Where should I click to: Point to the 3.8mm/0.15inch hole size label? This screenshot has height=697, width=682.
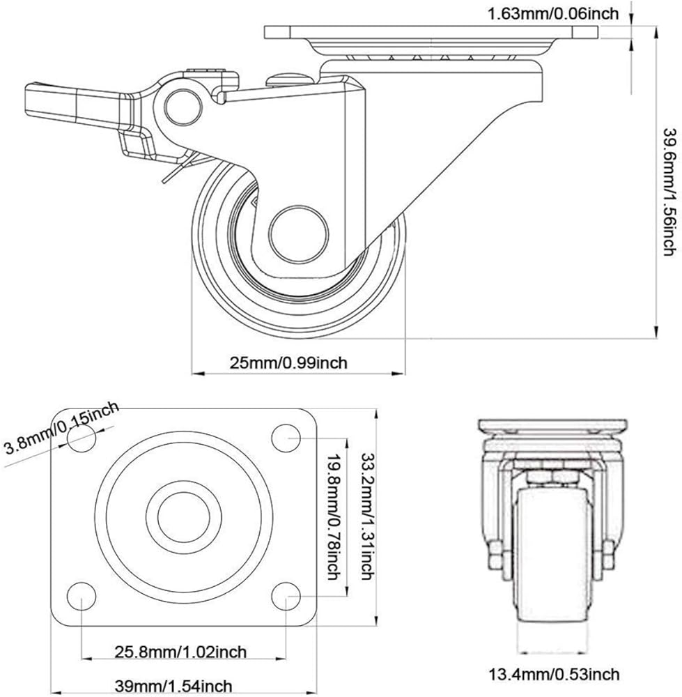point(61,427)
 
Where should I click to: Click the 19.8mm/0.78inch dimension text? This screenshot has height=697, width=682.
point(333,517)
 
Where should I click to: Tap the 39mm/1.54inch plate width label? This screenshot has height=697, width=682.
point(177,687)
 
